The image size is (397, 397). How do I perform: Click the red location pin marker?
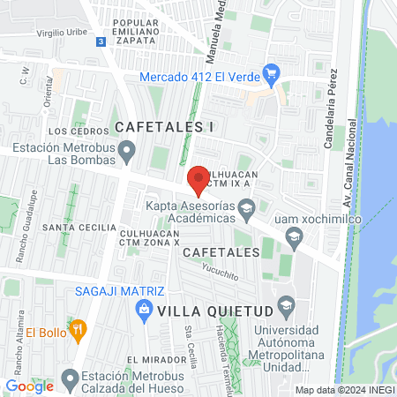coord(198,179)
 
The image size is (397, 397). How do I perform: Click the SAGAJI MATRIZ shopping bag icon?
coord(141,309)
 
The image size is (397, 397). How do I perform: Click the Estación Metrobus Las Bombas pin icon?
coord(128,154)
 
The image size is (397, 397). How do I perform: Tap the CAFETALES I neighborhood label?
coord(165,127)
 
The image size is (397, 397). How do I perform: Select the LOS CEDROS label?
coord(71,131)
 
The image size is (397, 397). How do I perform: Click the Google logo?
coord(29,386)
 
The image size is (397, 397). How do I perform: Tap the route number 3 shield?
coord(101,41)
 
